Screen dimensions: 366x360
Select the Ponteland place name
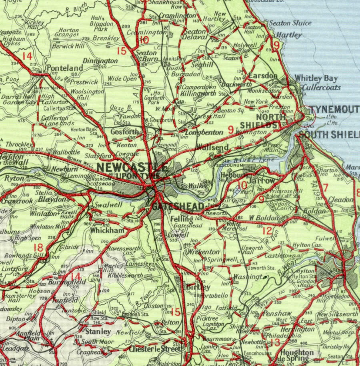point(65,68)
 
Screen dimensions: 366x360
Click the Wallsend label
point(212,147)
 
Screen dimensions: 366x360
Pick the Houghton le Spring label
point(297,356)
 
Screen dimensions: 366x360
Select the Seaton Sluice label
point(290,23)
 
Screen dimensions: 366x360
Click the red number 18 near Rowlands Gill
point(38,248)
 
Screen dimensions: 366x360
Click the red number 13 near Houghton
point(275,342)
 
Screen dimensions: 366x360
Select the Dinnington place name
point(100,61)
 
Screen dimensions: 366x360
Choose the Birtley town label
point(198,287)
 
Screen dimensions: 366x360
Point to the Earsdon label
point(263,76)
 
